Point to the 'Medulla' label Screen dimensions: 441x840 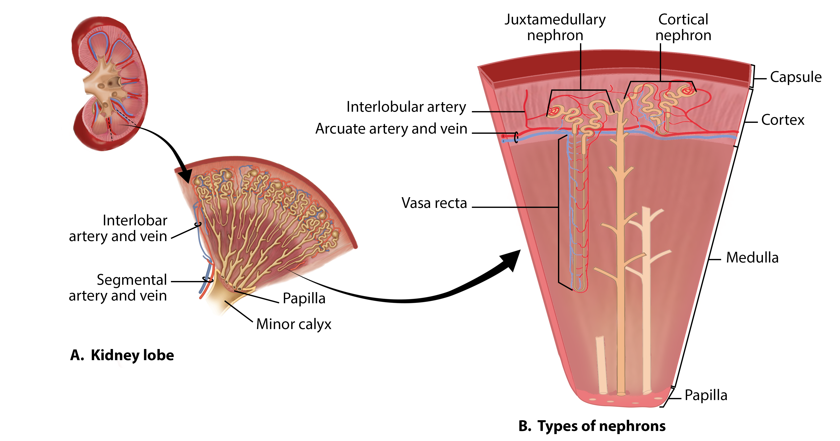(752, 258)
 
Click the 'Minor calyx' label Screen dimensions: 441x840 (294, 324)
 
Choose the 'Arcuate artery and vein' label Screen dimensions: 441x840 (391, 129)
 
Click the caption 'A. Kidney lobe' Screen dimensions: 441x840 (122, 355)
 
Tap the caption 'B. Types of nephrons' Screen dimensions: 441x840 (592, 426)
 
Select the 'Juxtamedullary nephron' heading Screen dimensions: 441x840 (555, 27)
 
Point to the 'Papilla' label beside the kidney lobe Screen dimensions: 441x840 (304, 298)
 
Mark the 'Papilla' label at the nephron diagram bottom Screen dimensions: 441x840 (706, 395)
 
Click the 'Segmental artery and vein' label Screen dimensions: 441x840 (118, 288)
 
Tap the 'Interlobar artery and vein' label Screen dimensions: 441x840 (118, 228)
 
